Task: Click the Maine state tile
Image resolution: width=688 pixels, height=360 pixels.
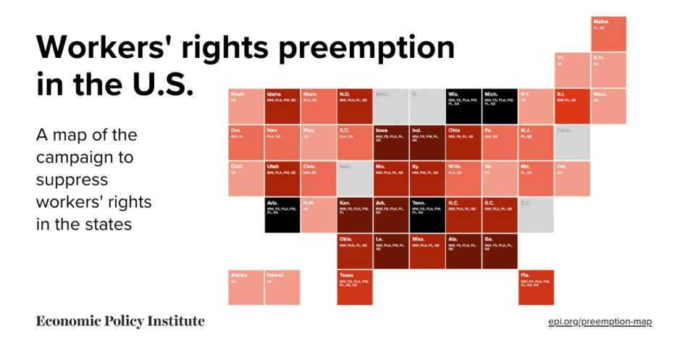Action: tap(608, 33)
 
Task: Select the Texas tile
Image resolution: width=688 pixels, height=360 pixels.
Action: tap(355, 287)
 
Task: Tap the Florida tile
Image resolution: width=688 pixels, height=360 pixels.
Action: tap(536, 287)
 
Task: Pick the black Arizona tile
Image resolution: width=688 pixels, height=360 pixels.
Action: tap(282, 214)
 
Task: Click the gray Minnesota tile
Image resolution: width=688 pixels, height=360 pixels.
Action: tap(391, 106)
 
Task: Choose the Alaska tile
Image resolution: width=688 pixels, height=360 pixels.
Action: tap(246, 287)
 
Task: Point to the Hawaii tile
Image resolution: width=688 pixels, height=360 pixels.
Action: tap(282, 287)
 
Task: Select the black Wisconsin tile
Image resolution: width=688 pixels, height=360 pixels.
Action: tap(463, 106)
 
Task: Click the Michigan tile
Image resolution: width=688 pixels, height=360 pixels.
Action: tap(500, 106)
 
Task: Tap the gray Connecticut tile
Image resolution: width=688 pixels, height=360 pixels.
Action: tap(572, 142)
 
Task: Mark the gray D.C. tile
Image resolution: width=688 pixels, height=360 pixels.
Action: tap(536, 214)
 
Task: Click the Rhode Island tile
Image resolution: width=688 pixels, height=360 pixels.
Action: tap(572, 106)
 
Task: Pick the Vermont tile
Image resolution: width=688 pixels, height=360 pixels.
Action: tap(572, 70)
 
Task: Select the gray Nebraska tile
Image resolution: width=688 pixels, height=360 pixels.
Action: tap(355, 178)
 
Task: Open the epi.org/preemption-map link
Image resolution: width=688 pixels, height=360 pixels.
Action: tap(600, 321)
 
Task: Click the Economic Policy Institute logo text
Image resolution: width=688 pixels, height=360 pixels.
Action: tap(120, 321)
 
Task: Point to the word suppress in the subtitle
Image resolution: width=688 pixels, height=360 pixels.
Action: tap(72, 179)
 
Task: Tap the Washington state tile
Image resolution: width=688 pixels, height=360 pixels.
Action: tap(246, 106)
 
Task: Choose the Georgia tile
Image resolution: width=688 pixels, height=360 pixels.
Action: tap(500, 251)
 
